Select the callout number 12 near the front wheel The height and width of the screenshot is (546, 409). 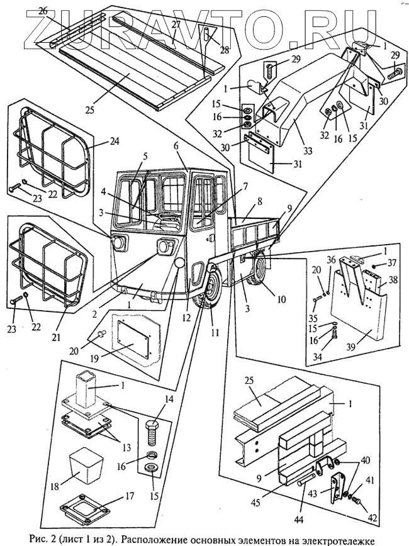point(186,318)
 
